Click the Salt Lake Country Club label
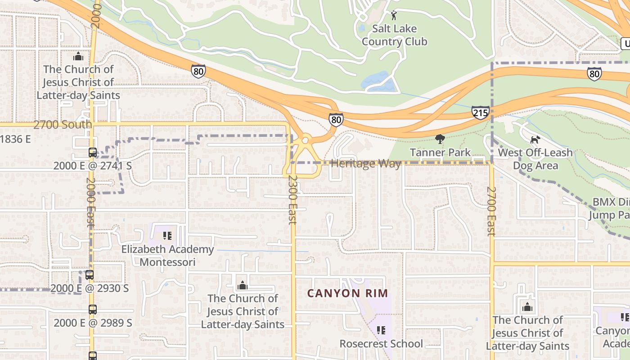tap(394, 35)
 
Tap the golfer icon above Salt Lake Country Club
tap(394, 15)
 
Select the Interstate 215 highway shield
tap(480, 112)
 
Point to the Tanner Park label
tap(440, 153)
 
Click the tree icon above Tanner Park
tap(440, 139)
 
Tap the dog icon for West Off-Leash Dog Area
tap(535, 139)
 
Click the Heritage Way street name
tap(365, 164)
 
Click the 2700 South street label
tap(62, 125)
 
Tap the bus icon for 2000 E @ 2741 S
tap(92, 153)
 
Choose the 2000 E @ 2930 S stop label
tap(90, 288)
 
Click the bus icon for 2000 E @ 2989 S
tap(92, 310)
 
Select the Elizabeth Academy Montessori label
tap(167, 256)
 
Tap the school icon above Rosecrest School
tap(381, 331)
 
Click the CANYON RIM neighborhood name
tap(347, 293)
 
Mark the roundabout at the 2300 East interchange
tap(305, 141)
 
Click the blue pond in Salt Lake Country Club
tap(379, 81)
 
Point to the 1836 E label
tap(15, 139)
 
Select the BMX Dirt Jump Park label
tap(610, 208)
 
